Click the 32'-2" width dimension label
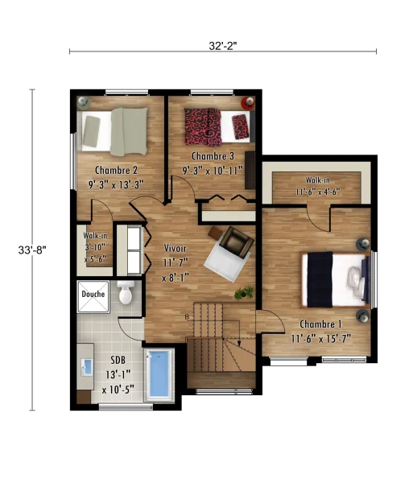(223, 46)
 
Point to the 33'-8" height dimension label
(32, 250)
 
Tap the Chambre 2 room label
(116, 170)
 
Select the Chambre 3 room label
(213, 156)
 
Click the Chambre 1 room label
(320, 324)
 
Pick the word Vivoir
(175, 248)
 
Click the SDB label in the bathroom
(118, 360)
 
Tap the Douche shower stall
(93, 296)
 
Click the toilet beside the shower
(126, 292)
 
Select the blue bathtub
(159, 374)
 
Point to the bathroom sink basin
(88, 367)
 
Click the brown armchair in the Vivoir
(237, 242)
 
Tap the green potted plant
(244, 293)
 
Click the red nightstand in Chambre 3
(248, 102)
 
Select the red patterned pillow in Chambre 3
(240, 126)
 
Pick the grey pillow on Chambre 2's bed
(91, 131)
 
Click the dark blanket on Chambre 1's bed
(320, 279)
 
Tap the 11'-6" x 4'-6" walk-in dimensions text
(318, 192)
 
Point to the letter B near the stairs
(187, 316)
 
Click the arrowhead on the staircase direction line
(239, 343)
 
